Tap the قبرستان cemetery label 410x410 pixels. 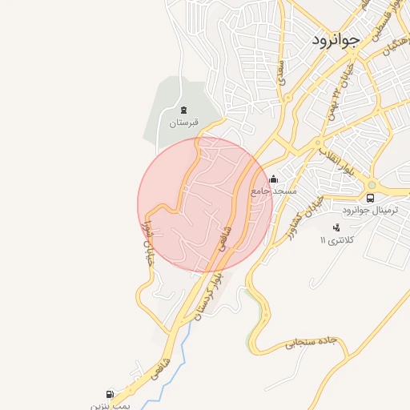(x=183, y=123)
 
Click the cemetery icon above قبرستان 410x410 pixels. (x=183, y=110)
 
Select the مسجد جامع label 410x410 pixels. (x=274, y=192)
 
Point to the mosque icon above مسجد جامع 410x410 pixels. (x=275, y=179)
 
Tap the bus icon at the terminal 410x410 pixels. (x=370, y=198)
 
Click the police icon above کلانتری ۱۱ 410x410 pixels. (x=336, y=227)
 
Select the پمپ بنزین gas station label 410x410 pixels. (x=109, y=406)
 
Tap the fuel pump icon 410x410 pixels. (x=110, y=394)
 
